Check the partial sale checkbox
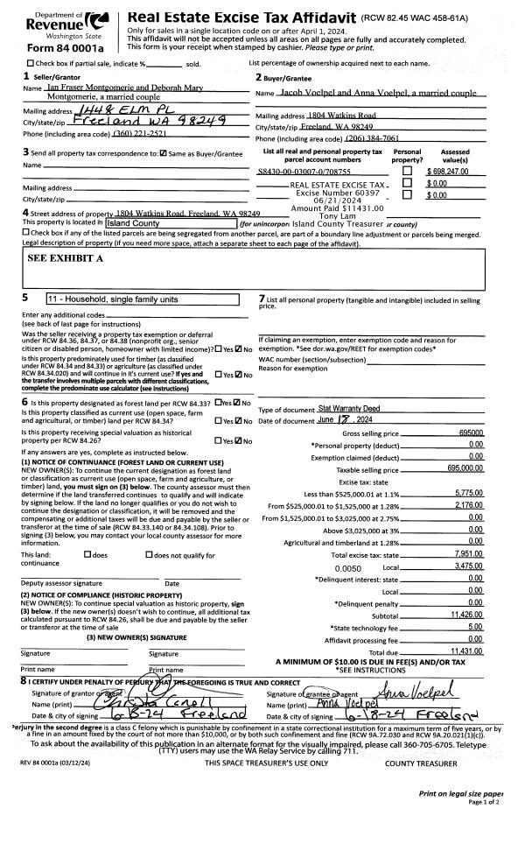pyautogui.click(x=31, y=64)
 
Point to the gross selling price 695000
pyautogui.click(x=470, y=432)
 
